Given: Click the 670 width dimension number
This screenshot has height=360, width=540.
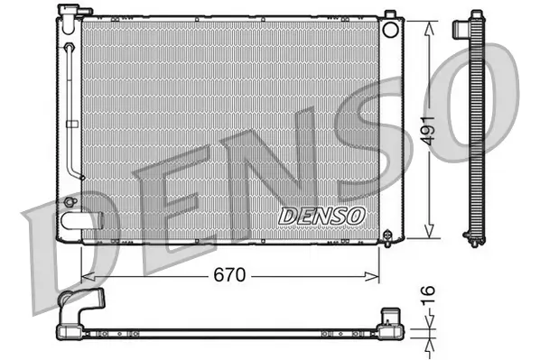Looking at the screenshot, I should (229, 275).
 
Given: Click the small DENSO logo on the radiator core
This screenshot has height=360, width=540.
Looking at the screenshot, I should (321, 216).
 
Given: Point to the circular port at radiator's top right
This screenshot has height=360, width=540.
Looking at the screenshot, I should (391, 29).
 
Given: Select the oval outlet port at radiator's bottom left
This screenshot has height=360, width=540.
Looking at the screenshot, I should (76, 220).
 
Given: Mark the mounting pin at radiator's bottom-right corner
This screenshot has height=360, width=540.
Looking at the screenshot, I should (389, 237).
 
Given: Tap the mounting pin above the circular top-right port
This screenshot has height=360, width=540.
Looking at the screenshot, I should (389, 14).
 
